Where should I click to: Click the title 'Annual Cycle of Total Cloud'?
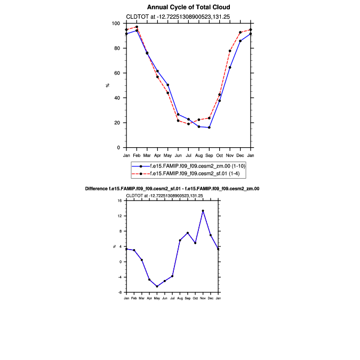tap(189, 7)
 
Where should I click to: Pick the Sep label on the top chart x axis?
tap(209, 155)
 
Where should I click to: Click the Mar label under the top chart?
tap(147, 155)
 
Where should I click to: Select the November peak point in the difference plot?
tap(203, 211)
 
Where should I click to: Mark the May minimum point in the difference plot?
tap(157, 286)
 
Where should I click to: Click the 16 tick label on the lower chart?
tap(120, 201)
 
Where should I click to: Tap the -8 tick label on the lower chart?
tap(120, 292)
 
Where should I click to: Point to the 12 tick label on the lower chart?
tap(120, 216)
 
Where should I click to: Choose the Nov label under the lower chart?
tap(203, 298)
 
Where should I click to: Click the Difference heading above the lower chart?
tap(172, 189)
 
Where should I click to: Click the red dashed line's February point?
tap(137, 27)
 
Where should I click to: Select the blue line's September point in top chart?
tap(209, 127)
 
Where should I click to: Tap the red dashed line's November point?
tap(230, 51)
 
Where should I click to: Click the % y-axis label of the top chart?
tap(108, 85)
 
